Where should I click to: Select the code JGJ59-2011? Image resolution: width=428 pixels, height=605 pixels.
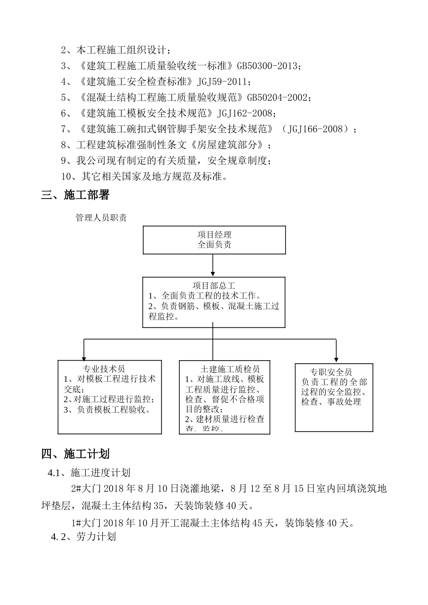coord(222,82)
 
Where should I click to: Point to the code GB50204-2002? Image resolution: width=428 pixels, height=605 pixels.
coord(278,98)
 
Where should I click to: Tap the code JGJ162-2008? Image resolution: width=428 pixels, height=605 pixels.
coord(246,113)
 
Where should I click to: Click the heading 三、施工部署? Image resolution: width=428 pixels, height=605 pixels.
coord(75,195)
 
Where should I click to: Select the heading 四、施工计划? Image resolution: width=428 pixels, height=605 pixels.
coord(75,454)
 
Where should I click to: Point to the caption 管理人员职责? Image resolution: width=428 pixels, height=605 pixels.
coord(101,218)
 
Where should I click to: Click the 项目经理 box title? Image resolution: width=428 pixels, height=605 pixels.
coord(214,235)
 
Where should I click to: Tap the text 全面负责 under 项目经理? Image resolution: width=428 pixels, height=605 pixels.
coord(214,244)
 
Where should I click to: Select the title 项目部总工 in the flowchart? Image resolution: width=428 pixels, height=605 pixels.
coord(214,286)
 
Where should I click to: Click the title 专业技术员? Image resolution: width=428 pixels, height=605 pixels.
coord(104,369)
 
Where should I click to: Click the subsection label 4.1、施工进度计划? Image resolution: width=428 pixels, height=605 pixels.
coord(89,473)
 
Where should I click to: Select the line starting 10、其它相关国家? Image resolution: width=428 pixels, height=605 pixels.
coord(144,176)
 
